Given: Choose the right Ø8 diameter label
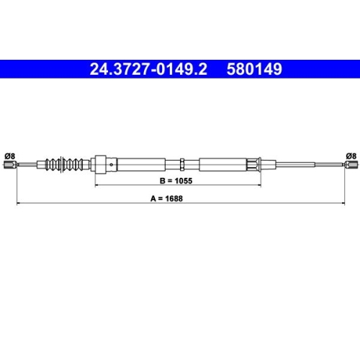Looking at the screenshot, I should [x=351, y=153].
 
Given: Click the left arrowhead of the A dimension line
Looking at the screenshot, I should [x=18, y=205].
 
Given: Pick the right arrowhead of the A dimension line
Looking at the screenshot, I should [x=342, y=205].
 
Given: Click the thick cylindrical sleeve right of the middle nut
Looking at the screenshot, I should [x=223, y=164].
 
